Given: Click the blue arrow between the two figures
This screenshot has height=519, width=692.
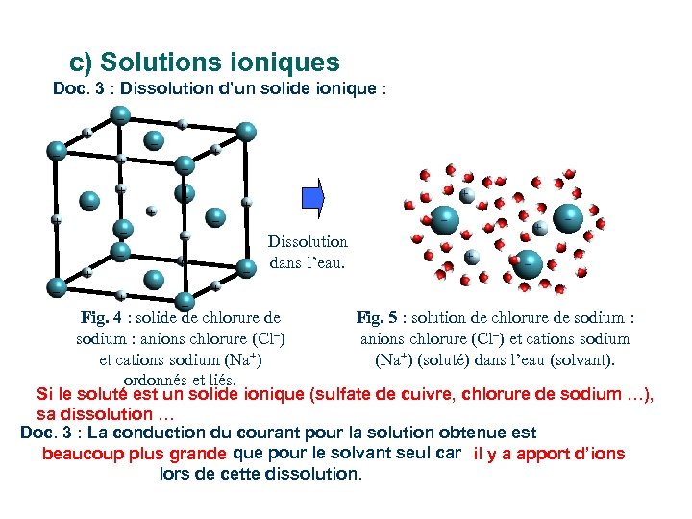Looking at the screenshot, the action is tap(313, 197).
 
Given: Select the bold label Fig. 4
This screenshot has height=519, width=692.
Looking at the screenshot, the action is tap(102, 317).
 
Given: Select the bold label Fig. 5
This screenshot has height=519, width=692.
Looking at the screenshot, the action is tap(377, 317).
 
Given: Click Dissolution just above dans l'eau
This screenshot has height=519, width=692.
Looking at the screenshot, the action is tap(308, 242).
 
